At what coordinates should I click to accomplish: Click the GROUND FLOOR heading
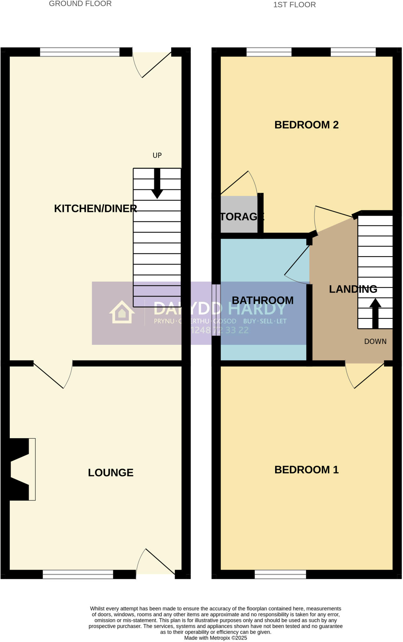coord(80,4)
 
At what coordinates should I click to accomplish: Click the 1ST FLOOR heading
coord(294,5)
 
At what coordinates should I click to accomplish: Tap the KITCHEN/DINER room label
coord(95,208)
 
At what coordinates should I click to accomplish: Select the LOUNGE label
coord(111,472)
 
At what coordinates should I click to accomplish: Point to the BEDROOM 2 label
coord(306,125)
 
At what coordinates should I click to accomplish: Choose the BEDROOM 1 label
coord(306,470)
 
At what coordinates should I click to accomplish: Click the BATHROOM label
coord(263,300)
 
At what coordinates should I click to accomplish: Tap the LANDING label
coord(353,289)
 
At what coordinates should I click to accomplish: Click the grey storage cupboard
coord(239,215)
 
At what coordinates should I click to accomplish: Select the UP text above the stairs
coord(157,155)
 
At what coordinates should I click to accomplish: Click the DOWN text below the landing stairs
coord(375,341)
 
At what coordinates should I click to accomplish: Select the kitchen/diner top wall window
coord(80,52)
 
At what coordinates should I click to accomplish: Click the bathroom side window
coord(216,310)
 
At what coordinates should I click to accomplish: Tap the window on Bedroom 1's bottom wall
coord(280,574)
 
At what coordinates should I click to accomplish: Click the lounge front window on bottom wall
coord(78,574)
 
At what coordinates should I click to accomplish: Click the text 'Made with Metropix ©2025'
coord(216,638)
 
